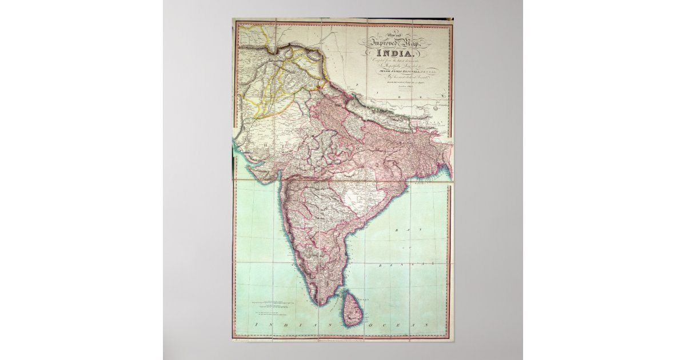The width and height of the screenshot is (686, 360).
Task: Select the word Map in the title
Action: pyautogui.click(x=413, y=44)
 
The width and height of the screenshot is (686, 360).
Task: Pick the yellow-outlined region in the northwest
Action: pyautogui.click(x=269, y=86)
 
